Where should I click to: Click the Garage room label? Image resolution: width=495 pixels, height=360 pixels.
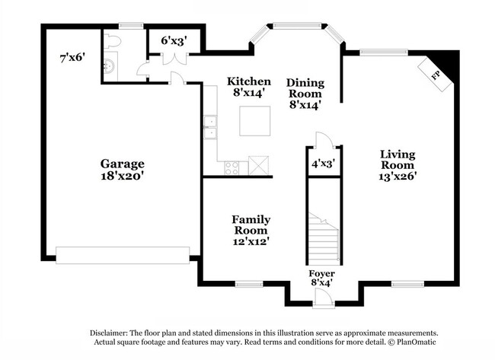[122, 164]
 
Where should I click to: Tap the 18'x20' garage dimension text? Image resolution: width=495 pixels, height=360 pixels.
[122, 175]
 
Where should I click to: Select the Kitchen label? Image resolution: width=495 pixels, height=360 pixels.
[249, 81]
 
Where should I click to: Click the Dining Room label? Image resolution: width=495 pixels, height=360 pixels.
[305, 88]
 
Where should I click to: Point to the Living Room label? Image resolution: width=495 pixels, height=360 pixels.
[398, 160]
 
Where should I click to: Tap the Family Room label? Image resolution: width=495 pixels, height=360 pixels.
[251, 225]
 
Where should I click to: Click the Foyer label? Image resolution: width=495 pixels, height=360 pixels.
[321, 273]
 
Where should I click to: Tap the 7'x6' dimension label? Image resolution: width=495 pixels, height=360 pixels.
[73, 57]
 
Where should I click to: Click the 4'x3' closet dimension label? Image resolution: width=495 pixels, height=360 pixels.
[323, 163]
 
